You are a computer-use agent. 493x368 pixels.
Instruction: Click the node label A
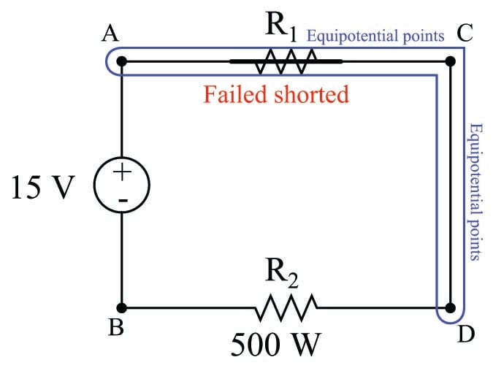click(x=114, y=34)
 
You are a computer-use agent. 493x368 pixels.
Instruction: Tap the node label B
click(x=115, y=329)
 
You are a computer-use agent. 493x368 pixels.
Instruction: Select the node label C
click(x=464, y=34)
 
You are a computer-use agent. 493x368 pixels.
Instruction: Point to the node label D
click(x=466, y=334)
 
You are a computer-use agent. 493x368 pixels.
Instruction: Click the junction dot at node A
click(x=121, y=62)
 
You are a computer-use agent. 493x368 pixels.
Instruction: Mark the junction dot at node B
click(x=121, y=307)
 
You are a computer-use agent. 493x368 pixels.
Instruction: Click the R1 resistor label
click(x=282, y=29)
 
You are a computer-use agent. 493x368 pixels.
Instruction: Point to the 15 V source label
click(x=43, y=188)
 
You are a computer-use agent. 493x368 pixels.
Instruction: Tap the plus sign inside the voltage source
click(x=122, y=174)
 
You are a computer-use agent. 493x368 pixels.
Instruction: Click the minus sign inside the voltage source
click(x=122, y=197)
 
